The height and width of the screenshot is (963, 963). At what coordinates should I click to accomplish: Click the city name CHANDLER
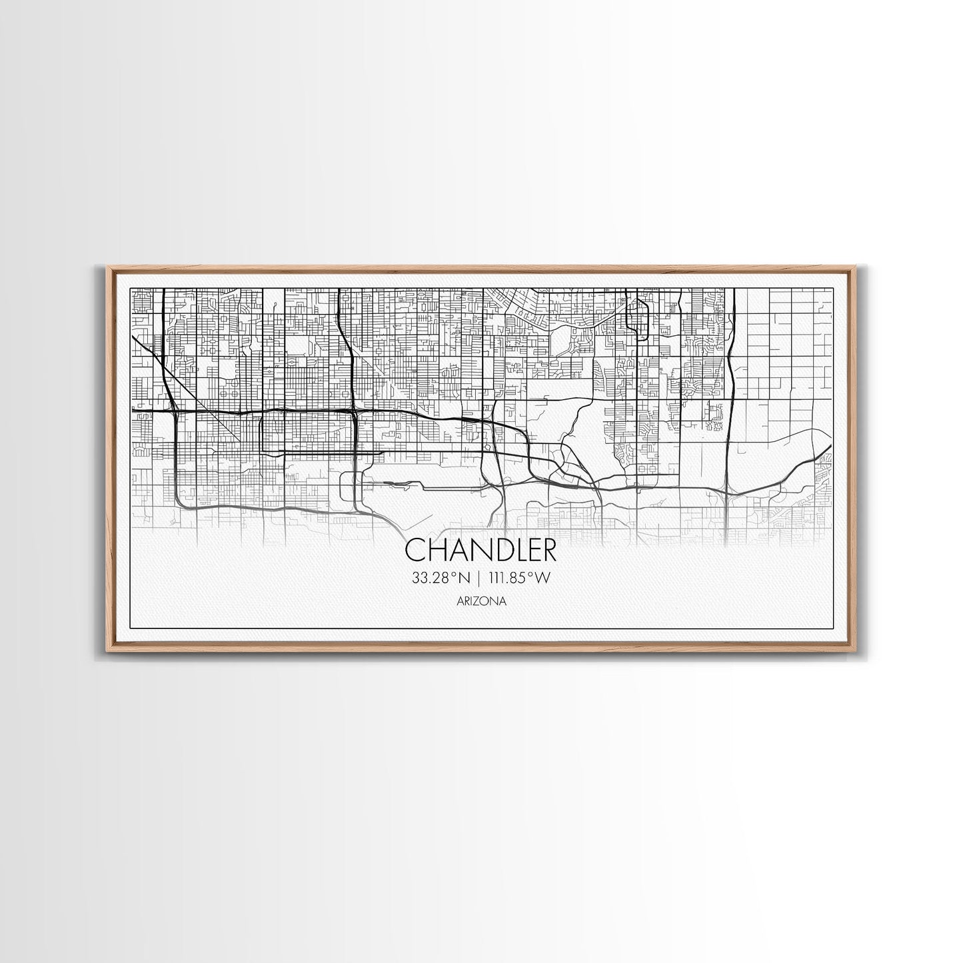pos(481,550)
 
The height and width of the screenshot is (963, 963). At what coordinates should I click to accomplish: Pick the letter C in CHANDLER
pos(415,550)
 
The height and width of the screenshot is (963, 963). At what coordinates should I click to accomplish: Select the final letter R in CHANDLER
pos(548,550)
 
